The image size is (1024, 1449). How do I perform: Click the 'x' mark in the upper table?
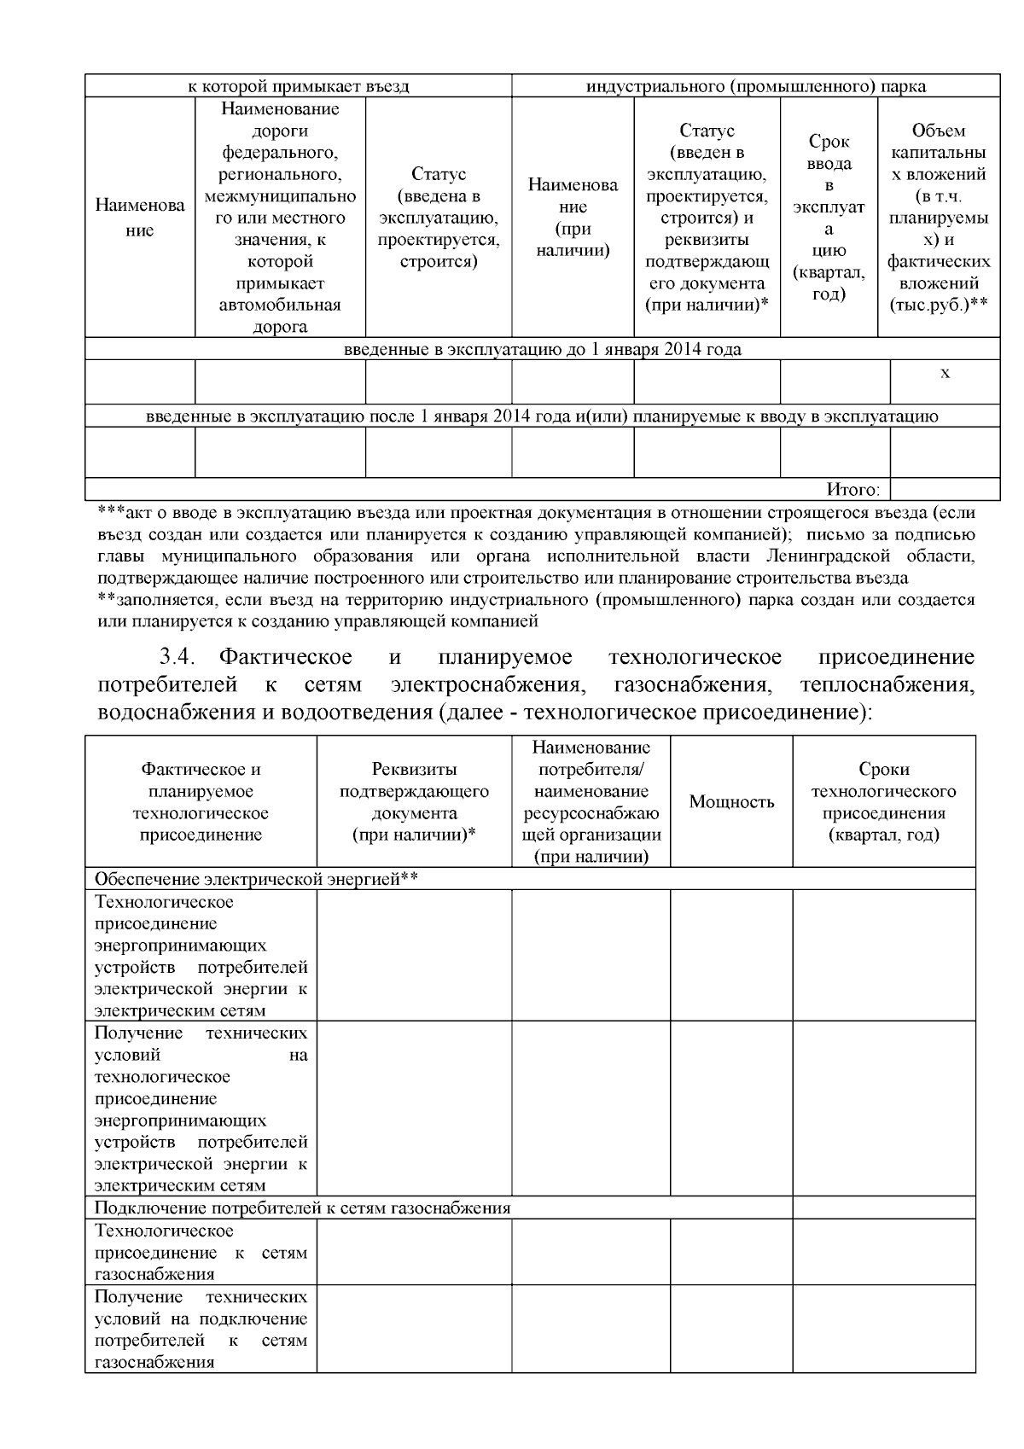coord(945,373)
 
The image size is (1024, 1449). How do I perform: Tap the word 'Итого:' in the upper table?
coord(852,490)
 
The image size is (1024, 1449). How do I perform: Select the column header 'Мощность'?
coord(731,802)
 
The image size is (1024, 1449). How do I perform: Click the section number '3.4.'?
coord(178,657)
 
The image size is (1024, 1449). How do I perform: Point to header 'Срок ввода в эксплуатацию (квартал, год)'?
coord(829,218)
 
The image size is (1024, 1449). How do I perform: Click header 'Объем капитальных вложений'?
coord(939,218)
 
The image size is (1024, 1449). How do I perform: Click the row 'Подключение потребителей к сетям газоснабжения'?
coord(302,1207)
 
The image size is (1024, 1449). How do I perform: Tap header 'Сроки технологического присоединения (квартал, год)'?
coord(883,802)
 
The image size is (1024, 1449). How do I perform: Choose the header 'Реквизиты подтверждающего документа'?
coord(414,802)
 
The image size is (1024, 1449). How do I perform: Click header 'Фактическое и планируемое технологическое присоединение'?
coord(201,802)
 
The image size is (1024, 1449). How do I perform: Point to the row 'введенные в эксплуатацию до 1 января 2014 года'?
coord(542,349)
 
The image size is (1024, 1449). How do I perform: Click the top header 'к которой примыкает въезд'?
coord(298,86)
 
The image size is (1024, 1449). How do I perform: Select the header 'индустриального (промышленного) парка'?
coord(755,86)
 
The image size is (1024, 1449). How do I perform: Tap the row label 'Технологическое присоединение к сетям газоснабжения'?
coord(201,1252)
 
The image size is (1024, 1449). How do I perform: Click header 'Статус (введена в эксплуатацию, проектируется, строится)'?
coord(439,218)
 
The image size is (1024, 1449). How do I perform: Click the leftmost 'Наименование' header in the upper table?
coord(140,218)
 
